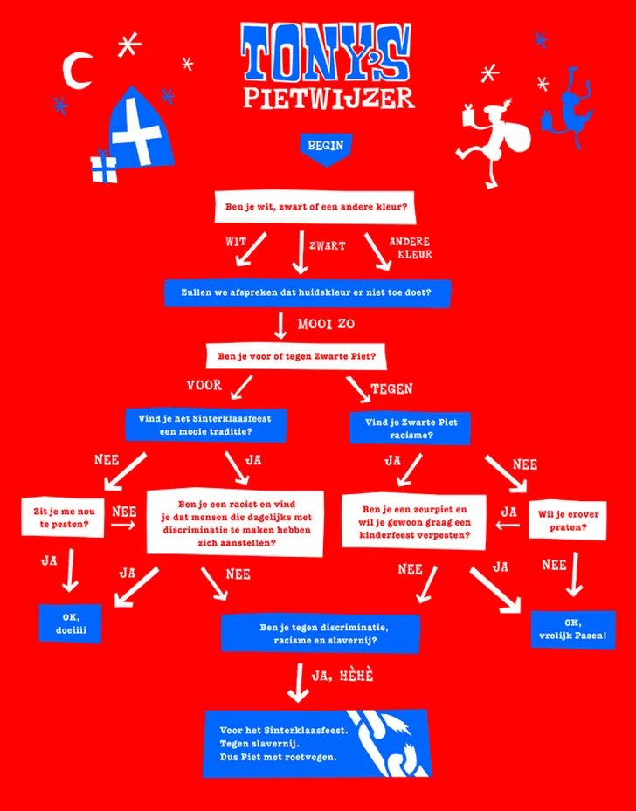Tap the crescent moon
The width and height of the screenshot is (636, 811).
(79, 72)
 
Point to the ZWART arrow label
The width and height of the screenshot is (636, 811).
(327, 246)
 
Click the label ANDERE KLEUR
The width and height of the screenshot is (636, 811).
(410, 248)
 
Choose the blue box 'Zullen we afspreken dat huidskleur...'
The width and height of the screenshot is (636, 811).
(307, 292)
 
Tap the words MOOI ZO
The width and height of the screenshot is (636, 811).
(326, 324)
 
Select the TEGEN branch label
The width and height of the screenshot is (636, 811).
(391, 388)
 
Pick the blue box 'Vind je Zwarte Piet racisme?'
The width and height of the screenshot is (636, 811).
(411, 428)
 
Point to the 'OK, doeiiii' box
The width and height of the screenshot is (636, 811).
(70, 623)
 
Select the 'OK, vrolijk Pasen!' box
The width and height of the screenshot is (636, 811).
(572, 629)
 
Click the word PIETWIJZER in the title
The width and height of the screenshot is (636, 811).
(328, 98)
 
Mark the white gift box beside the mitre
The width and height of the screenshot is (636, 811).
(104, 168)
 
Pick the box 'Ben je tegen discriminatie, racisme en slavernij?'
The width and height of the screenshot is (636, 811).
(320, 633)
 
